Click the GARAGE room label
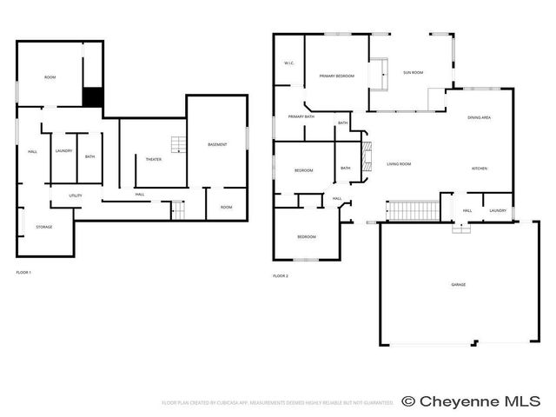458,285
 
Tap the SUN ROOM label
413,72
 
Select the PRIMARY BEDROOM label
337,76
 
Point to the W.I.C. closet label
289,63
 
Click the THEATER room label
153,159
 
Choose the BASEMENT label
217,144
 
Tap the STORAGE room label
44,227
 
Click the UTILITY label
76,195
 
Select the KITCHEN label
480,169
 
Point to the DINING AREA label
480,117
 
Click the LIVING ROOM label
399,164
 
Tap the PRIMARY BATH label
301,116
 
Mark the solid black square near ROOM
92,97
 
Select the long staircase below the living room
413,210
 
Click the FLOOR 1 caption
24,273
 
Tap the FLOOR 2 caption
281,275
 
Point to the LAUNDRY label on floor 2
498,211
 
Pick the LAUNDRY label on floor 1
63,151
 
